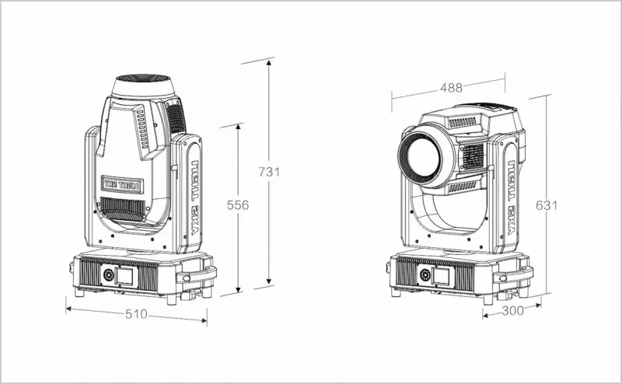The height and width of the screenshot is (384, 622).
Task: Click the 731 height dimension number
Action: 268,173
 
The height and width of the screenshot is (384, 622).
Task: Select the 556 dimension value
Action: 237,204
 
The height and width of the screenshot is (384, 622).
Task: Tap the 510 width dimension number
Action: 138,316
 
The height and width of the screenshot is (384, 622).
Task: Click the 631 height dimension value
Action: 547,205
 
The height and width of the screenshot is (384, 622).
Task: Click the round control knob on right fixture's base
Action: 425,274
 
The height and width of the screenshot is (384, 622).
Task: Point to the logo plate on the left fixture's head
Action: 122,184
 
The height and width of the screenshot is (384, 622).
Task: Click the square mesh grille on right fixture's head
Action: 473,155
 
